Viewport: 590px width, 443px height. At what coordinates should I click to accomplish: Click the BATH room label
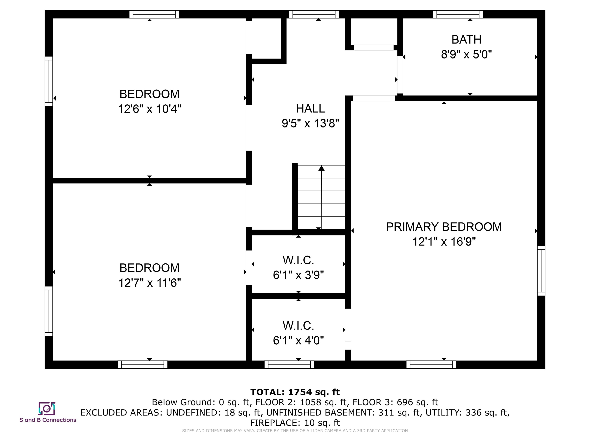[x=466, y=40]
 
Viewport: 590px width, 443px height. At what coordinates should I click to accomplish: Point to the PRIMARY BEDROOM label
[x=444, y=227]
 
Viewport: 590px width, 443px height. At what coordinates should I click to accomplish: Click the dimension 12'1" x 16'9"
[x=444, y=242]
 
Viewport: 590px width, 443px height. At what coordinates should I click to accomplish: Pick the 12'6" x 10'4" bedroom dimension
[x=150, y=109]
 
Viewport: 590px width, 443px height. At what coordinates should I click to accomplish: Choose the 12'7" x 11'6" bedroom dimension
[x=150, y=283]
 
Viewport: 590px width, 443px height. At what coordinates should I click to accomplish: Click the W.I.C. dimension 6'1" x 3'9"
[x=298, y=275]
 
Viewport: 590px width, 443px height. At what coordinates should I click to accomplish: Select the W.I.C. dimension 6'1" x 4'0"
[x=298, y=341]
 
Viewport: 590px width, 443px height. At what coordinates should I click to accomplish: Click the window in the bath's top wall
[x=458, y=14]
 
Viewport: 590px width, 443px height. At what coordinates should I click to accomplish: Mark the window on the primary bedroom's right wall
[x=541, y=271]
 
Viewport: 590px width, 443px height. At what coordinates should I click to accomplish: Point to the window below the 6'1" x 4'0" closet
[x=289, y=365]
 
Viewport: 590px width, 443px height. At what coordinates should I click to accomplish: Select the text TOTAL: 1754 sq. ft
[x=295, y=392]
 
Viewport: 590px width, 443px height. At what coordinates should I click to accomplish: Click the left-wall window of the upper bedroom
[x=49, y=81]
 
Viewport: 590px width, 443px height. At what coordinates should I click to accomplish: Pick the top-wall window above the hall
[x=314, y=14]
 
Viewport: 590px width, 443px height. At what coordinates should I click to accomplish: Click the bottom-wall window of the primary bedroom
[x=431, y=365]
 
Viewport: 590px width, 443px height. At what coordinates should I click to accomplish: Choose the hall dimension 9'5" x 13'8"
[x=311, y=124]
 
